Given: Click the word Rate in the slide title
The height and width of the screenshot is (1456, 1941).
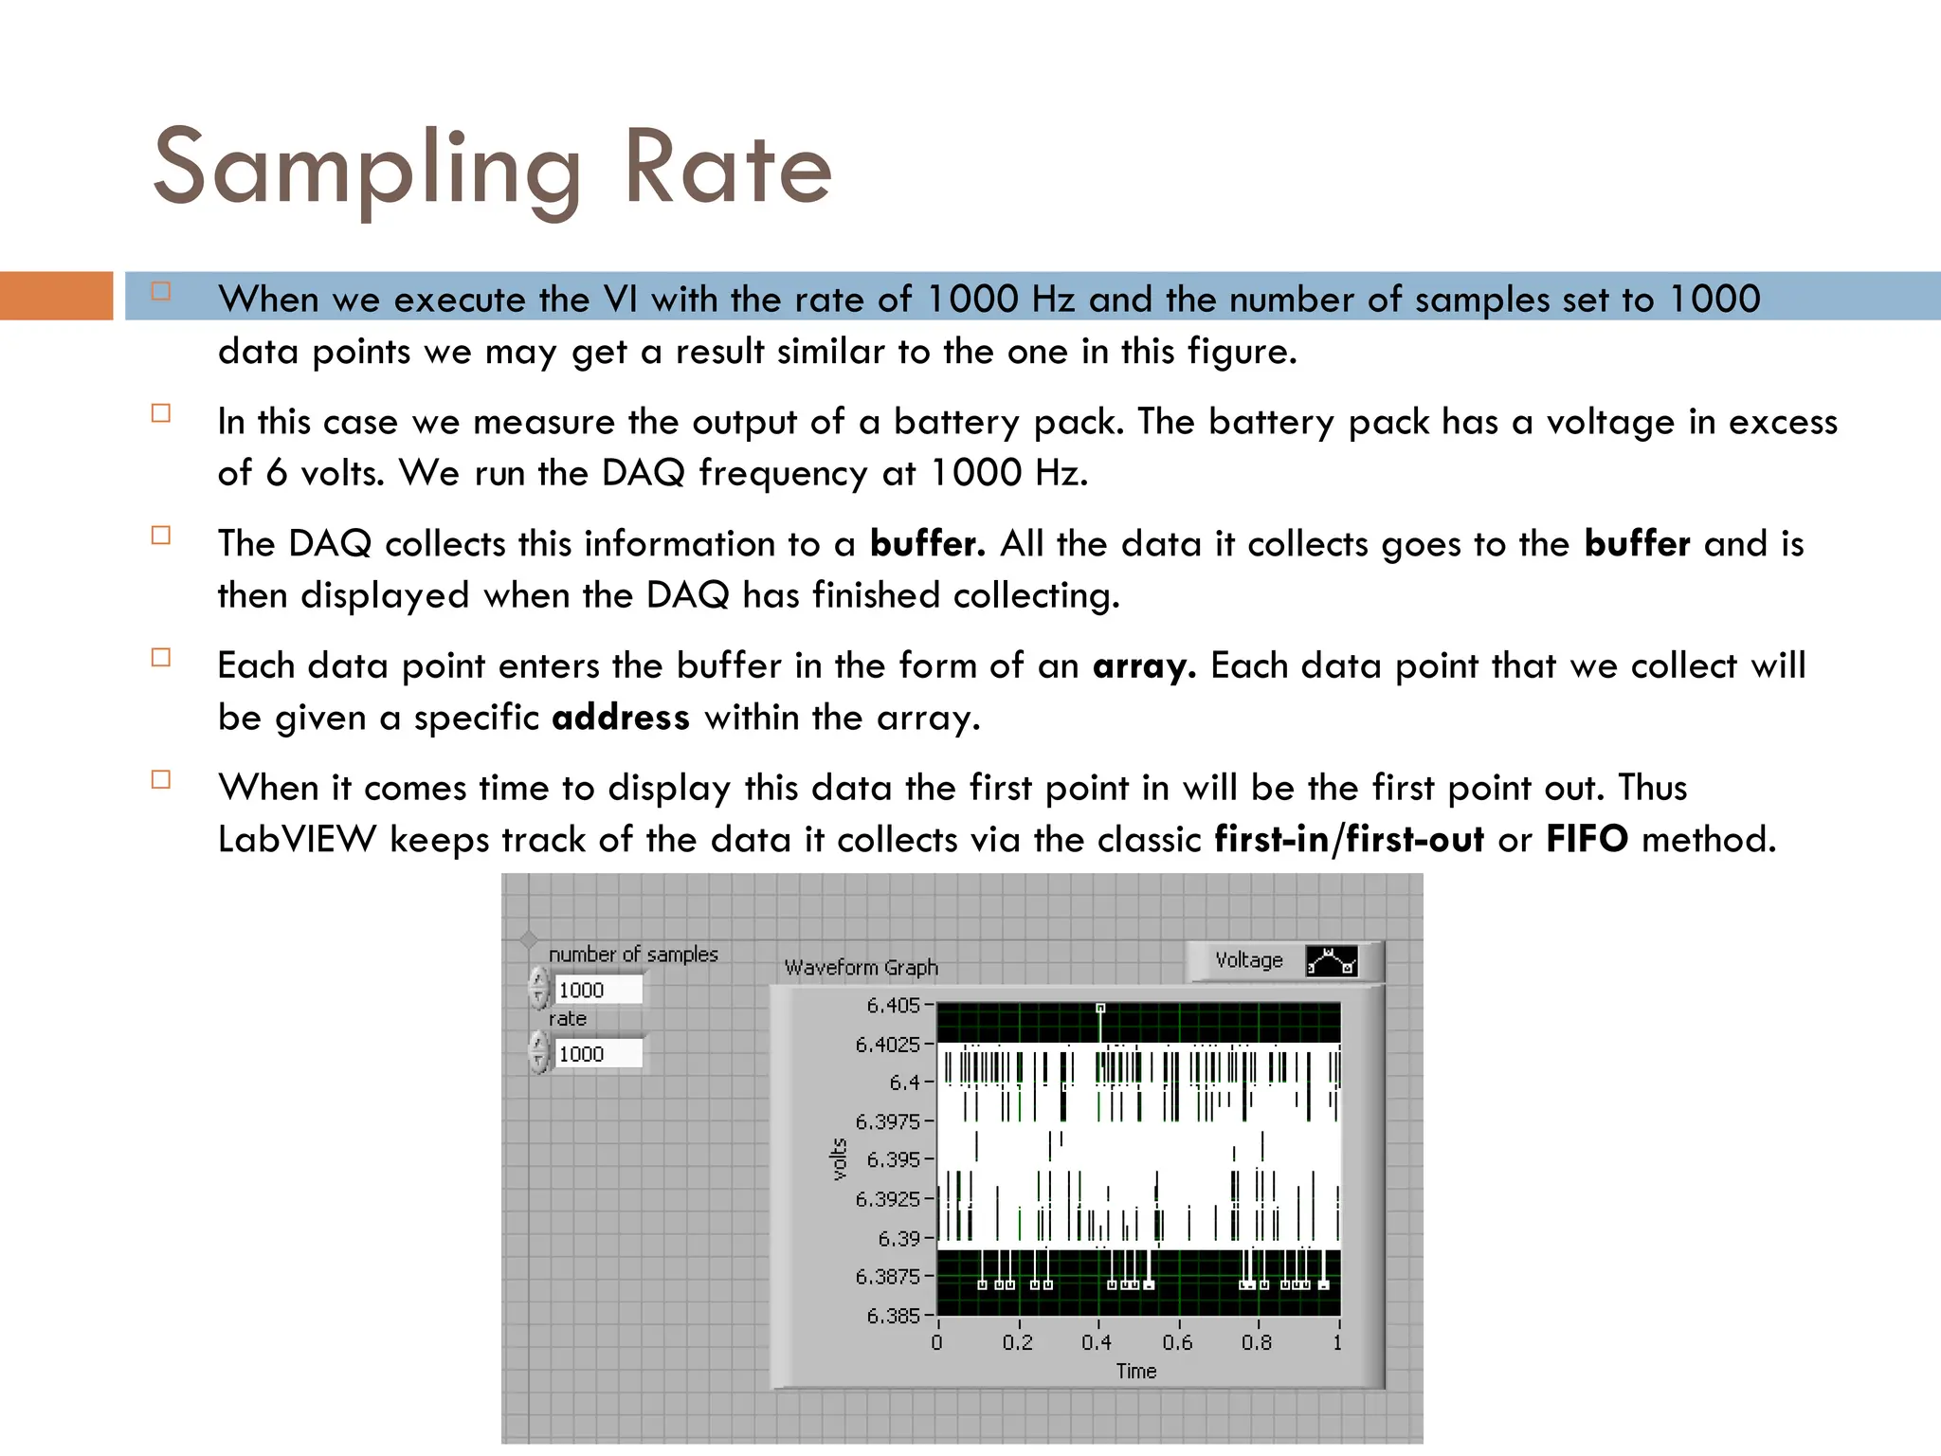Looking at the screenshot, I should pyautogui.click(x=728, y=169).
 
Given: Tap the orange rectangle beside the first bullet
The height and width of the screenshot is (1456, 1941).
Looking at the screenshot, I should pyautogui.click(x=56, y=296).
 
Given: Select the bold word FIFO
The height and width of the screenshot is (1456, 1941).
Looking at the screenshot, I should pyautogui.click(x=1587, y=840).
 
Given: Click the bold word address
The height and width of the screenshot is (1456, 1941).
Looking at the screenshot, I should pyautogui.click(x=621, y=718).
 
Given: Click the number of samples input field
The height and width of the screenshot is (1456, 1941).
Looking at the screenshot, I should pyautogui.click(x=597, y=990).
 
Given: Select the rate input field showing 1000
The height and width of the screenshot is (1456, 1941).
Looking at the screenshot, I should pyautogui.click(x=597, y=1053).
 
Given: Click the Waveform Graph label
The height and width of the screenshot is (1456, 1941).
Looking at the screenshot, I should pyautogui.click(x=861, y=968).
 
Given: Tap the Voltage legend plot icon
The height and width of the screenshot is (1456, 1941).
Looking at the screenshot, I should pyautogui.click(x=1331, y=961).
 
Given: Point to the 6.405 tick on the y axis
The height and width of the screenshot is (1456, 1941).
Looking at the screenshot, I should pyautogui.click(x=893, y=1005).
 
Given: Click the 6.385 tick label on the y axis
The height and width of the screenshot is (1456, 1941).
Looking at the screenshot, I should pyautogui.click(x=893, y=1316).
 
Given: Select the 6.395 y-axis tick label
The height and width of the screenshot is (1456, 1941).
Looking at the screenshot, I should pyautogui.click(x=893, y=1159).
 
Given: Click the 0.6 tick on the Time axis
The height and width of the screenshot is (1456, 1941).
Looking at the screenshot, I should pyautogui.click(x=1177, y=1342).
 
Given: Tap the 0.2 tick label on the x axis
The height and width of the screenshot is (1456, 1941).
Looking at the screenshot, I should pyautogui.click(x=1018, y=1342).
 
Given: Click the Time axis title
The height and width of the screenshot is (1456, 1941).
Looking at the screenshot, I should pyautogui.click(x=1135, y=1371).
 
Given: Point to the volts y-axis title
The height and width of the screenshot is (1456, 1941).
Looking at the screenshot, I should pyautogui.click(x=838, y=1159).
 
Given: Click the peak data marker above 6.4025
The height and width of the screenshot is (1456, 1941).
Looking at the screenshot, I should pyautogui.click(x=1100, y=1009).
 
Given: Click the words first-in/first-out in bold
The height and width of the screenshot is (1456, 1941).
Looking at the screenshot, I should pyautogui.click(x=1349, y=840).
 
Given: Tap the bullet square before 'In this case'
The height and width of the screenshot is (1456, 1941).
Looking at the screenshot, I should pyautogui.click(x=161, y=413).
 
